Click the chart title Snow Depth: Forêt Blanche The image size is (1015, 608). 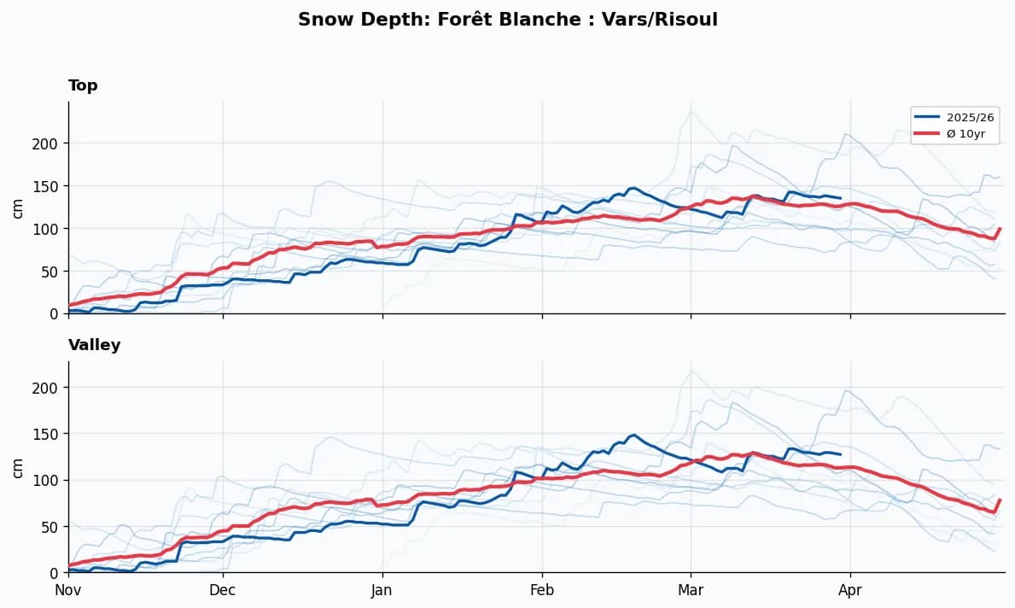(x=507, y=20)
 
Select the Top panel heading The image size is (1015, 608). (x=83, y=85)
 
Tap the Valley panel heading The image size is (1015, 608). (x=94, y=345)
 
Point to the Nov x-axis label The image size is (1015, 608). (x=68, y=589)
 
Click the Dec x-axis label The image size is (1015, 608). (x=223, y=589)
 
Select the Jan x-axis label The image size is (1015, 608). (x=382, y=589)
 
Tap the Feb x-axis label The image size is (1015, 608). (x=542, y=589)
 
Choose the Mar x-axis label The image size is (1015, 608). (x=691, y=589)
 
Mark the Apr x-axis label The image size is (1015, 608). (x=850, y=589)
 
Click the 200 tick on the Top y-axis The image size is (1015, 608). (x=50, y=143)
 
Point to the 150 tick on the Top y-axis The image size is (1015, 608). (x=50, y=186)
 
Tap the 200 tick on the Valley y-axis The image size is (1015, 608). (x=50, y=388)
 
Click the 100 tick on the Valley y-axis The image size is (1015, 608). (x=50, y=480)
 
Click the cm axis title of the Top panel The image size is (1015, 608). (x=17, y=208)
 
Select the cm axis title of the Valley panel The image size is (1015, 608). (x=17, y=467)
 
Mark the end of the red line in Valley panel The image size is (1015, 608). (x=1000, y=500)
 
